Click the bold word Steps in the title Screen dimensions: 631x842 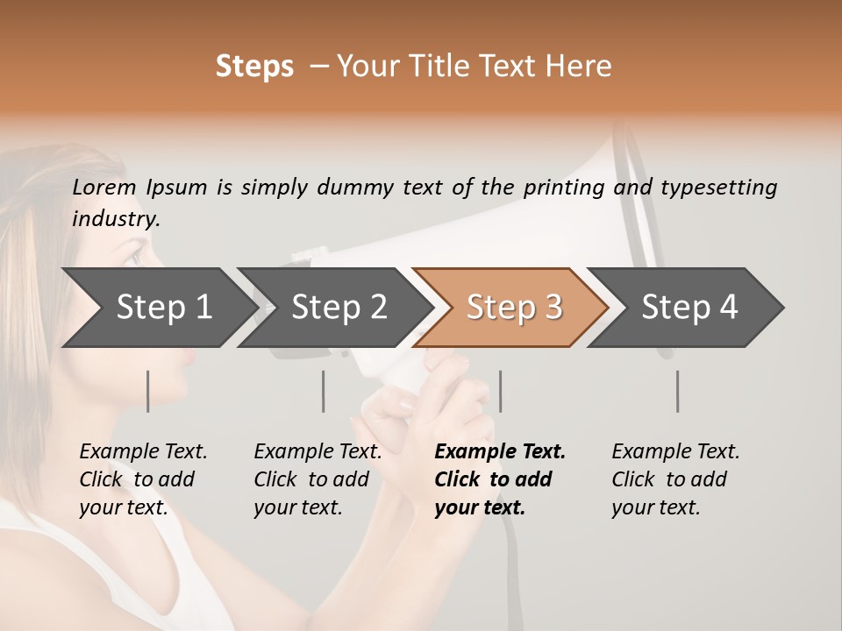[254, 67]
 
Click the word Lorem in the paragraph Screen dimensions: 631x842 [104, 188]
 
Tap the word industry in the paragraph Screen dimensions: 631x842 [116, 219]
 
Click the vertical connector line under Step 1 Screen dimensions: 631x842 [147, 391]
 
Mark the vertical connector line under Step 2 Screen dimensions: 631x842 [324, 391]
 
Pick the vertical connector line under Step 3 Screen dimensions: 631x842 [500, 391]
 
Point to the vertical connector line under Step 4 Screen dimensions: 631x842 [677, 391]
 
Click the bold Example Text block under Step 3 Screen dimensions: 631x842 [499, 479]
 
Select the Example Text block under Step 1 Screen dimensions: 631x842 [143, 479]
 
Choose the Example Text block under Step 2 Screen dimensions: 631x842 [318, 479]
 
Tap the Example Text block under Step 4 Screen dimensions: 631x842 [675, 479]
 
